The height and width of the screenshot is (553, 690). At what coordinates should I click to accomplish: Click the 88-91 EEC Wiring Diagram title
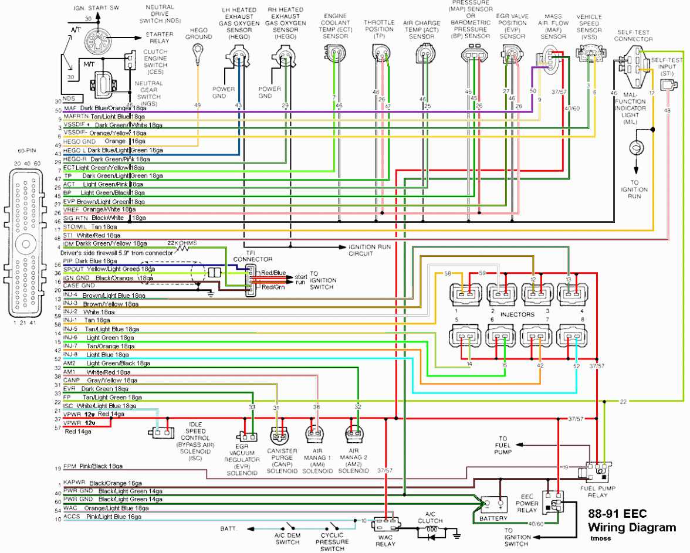[x=631, y=521]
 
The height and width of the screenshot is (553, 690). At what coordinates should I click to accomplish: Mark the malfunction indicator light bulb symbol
[x=634, y=149]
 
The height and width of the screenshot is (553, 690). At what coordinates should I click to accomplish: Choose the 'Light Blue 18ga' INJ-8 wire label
[x=107, y=355]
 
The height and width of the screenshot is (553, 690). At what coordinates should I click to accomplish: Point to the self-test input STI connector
[x=667, y=86]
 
